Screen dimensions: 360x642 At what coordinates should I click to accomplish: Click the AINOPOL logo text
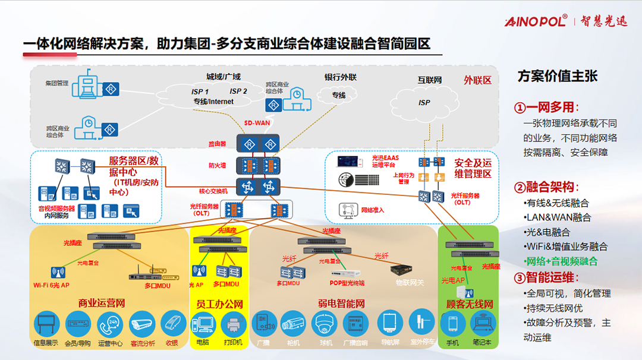tap(536, 21)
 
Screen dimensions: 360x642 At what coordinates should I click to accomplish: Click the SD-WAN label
tap(257, 123)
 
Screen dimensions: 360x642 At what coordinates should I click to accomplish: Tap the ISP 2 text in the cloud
tap(238, 91)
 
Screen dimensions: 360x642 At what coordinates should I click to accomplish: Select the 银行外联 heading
tap(340, 77)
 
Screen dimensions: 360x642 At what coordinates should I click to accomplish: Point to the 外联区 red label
tap(477, 80)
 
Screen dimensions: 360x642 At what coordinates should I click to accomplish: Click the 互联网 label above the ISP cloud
tap(430, 80)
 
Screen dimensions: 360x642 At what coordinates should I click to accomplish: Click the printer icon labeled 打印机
tap(233, 324)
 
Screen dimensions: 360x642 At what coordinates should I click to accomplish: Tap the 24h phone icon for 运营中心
tap(110, 324)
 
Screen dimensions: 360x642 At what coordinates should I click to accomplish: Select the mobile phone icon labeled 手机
tap(452, 324)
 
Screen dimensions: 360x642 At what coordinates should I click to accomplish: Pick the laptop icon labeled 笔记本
tap(482, 324)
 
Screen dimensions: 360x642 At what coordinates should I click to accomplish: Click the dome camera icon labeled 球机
tap(325, 324)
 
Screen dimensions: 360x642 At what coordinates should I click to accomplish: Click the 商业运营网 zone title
tap(102, 304)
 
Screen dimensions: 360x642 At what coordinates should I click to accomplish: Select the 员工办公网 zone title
tap(219, 304)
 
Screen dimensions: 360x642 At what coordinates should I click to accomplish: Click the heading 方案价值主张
tap(557, 76)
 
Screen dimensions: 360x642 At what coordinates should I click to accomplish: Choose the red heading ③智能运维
tap(546, 277)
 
